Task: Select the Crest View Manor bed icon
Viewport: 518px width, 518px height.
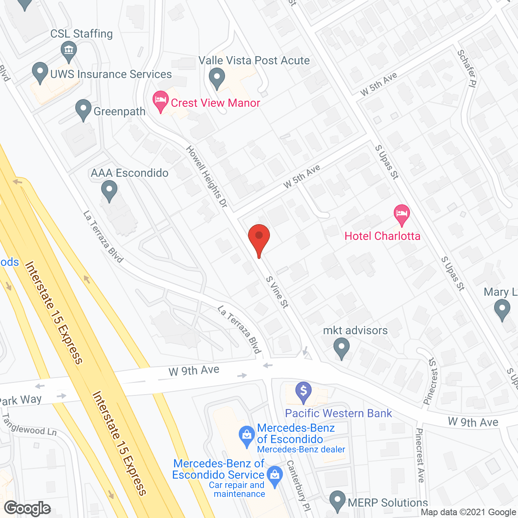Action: click(161, 101)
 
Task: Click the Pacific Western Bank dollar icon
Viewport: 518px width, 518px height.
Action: click(303, 392)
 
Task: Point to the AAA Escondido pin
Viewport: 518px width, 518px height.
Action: click(109, 190)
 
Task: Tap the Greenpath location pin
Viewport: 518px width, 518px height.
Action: click(83, 110)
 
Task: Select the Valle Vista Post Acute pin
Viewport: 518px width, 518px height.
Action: click(217, 78)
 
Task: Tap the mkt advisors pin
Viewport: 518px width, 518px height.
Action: click(342, 348)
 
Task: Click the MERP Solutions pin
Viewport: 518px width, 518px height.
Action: click(337, 501)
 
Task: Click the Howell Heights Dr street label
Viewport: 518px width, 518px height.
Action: click(207, 177)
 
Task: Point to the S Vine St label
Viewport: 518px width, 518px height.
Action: click(277, 292)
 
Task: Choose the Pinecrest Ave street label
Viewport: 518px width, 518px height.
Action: click(420, 455)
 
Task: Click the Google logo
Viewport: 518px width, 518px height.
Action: click(28, 508)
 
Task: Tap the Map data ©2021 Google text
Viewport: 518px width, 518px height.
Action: click(469, 512)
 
